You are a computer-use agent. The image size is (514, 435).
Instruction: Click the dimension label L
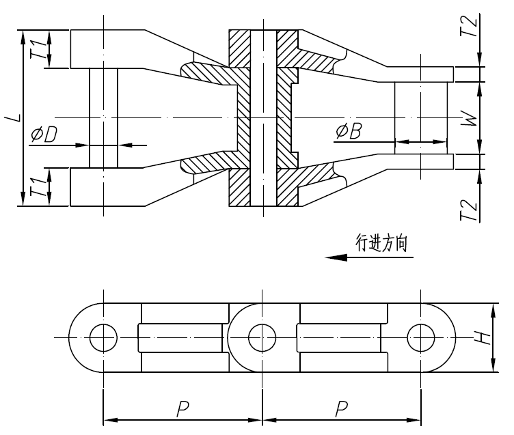coord(13,118)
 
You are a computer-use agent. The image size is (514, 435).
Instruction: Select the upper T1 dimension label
coord(42,49)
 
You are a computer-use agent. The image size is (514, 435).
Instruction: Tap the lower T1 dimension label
coord(42,186)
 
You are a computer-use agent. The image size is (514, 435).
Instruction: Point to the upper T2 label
coord(468,27)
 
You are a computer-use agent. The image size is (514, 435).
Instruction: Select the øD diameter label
coord(43,135)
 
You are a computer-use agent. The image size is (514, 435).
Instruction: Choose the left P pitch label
coord(182,409)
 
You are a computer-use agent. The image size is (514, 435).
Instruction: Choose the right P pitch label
coord(342,409)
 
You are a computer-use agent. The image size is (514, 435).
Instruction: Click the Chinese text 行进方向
coord(385,242)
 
